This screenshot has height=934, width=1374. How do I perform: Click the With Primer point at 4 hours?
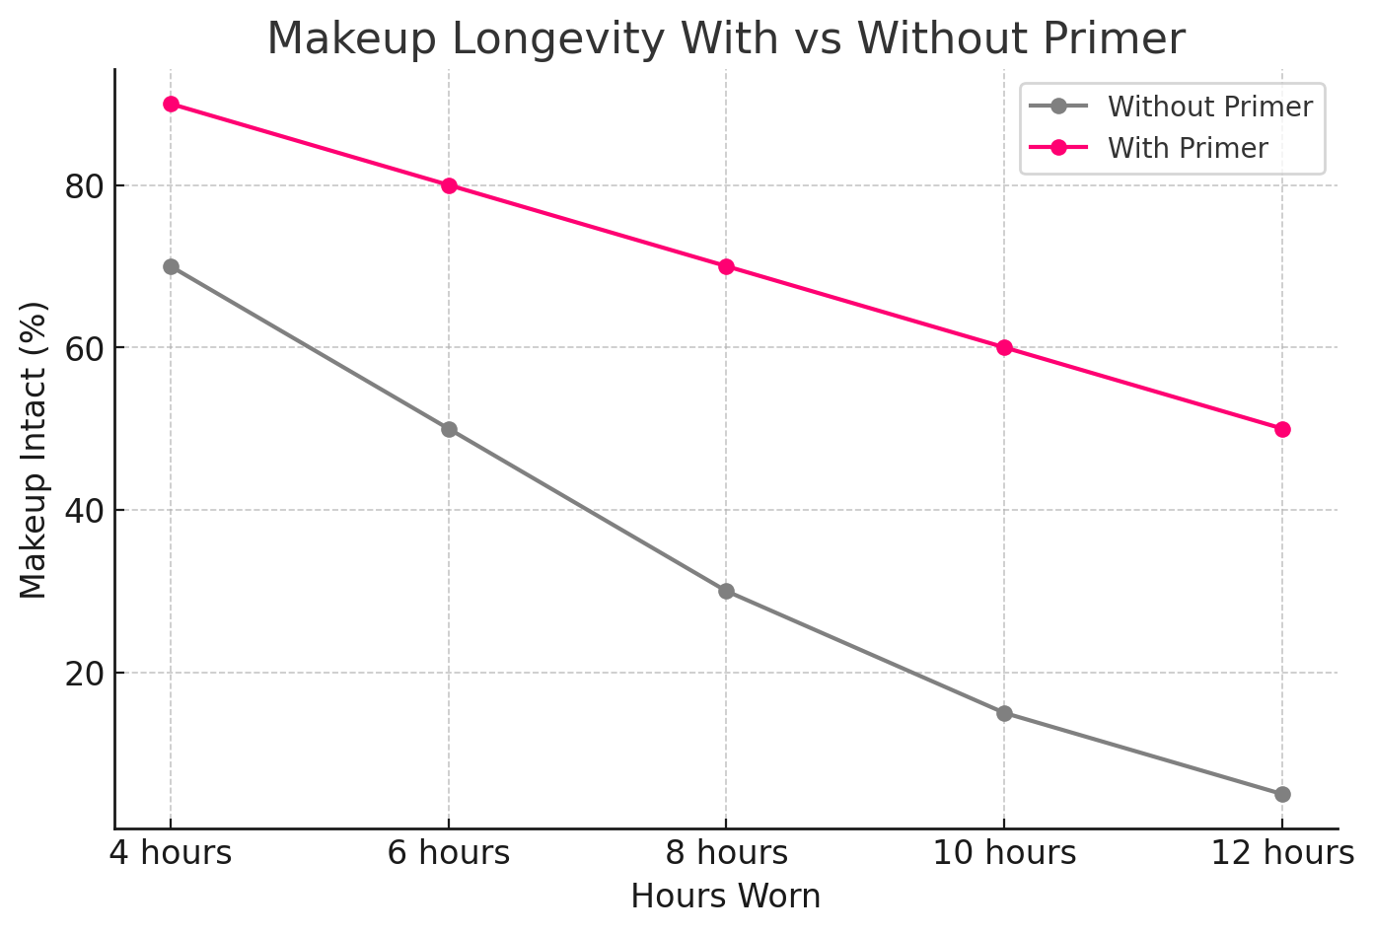(171, 104)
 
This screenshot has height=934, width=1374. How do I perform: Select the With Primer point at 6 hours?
(449, 185)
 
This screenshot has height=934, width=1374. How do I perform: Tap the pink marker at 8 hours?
(726, 266)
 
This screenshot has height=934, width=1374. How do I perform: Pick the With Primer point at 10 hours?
(1004, 347)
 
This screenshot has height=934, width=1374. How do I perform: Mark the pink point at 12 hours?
(1282, 429)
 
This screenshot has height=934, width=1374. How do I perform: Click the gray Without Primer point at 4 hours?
(171, 266)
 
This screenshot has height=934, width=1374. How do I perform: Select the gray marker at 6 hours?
(449, 429)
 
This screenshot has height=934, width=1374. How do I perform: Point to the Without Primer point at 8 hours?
(726, 591)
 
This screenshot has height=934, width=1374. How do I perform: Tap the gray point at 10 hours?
(1004, 713)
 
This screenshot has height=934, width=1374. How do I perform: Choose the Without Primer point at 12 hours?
(1282, 794)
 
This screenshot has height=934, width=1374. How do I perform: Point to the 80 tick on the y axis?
(84, 185)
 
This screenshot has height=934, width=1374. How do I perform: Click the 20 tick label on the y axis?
(84, 673)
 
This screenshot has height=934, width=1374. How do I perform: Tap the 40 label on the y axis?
(84, 510)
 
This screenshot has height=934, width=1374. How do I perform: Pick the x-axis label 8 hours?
(726, 852)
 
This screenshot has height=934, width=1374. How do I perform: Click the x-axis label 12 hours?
(1282, 852)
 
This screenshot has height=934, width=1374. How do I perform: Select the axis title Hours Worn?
(726, 897)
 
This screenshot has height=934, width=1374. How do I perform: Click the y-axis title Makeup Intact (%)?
(34, 450)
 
